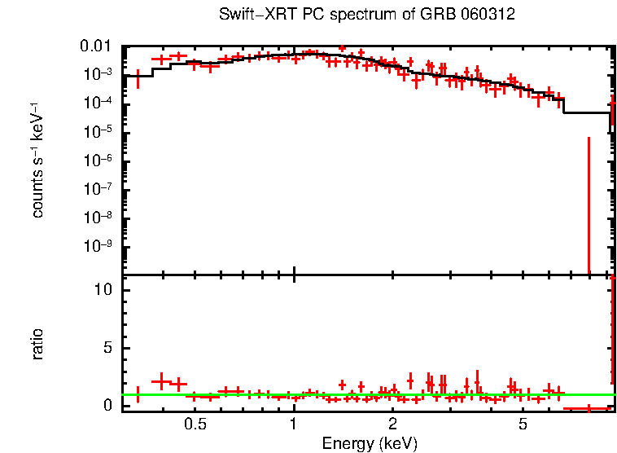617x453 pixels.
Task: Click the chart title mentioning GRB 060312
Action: (367, 15)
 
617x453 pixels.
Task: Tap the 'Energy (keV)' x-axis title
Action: (370, 443)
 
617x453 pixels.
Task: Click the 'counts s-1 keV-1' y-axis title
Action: (37, 161)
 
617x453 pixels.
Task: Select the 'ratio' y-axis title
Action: (37, 344)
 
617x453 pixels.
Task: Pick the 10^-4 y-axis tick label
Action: (100, 103)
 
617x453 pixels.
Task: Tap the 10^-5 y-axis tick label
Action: (100, 131)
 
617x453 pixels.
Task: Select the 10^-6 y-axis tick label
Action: (100, 160)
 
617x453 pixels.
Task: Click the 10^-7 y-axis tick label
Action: (100, 189)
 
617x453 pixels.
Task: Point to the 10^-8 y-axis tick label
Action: (100, 218)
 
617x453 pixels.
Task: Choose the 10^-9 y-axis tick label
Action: (100, 246)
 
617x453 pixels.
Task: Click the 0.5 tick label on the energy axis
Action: (195, 424)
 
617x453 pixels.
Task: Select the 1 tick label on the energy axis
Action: (294, 424)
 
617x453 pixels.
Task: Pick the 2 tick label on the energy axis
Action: (392, 424)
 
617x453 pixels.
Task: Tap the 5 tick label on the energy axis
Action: (523, 424)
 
